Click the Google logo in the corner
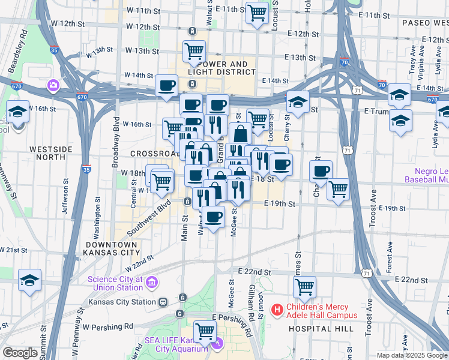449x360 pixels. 19,353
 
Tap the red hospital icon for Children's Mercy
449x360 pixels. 277,310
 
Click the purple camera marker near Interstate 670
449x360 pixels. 53,85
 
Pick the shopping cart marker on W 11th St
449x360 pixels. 257,13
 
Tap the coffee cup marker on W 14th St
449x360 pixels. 166,85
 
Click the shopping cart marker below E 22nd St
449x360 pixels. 304,287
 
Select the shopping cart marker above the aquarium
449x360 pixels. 205,331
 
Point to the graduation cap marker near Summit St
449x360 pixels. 29,280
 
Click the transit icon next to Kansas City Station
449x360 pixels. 162,302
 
